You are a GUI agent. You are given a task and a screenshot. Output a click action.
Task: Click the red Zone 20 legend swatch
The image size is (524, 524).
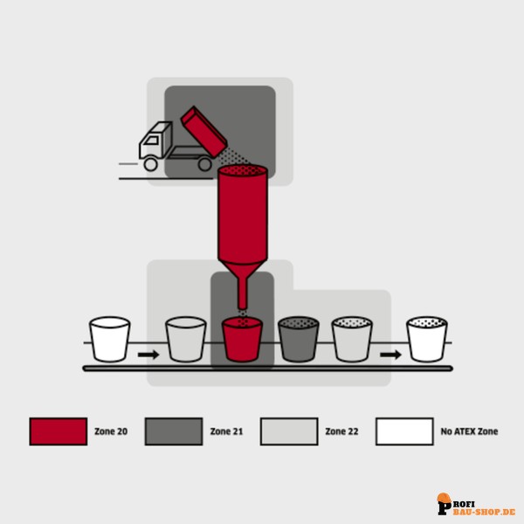(59, 431)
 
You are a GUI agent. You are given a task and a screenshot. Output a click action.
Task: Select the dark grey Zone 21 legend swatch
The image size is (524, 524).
(174, 431)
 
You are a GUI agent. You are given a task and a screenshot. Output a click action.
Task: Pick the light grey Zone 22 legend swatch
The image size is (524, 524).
(289, 431)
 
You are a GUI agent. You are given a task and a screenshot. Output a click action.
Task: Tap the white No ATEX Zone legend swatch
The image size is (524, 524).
(404, 431)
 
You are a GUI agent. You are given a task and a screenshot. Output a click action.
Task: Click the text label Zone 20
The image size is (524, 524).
(111, 431)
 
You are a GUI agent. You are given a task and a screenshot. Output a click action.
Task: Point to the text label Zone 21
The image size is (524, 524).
(226, 431)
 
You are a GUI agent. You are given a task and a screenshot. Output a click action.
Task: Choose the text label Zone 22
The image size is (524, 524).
(341, 431)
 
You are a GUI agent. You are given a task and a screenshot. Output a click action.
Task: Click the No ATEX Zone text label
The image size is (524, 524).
(469, 431)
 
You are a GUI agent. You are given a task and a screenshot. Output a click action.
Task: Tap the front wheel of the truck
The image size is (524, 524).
(151, 164)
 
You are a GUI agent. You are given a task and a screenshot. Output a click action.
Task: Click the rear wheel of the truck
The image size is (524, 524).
(205, 164)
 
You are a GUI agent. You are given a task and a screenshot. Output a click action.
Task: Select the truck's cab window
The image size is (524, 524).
(152, 141)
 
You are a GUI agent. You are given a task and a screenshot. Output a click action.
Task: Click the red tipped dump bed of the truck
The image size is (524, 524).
(203, 132)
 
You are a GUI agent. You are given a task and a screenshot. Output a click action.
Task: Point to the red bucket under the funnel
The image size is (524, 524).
(242, 339)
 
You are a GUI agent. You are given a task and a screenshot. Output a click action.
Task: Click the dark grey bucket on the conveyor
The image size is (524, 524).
(299, 339)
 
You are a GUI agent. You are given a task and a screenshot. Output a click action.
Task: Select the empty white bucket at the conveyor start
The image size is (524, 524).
(110, 339)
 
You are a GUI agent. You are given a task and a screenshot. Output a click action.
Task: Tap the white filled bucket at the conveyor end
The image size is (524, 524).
(427, 339)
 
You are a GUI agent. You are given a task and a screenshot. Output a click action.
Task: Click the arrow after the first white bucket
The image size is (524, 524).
(148, 355)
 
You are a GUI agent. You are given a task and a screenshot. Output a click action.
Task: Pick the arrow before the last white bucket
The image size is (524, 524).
(390, 355)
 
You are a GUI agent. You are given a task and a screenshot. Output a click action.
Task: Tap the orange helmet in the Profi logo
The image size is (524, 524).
(445, 498)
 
